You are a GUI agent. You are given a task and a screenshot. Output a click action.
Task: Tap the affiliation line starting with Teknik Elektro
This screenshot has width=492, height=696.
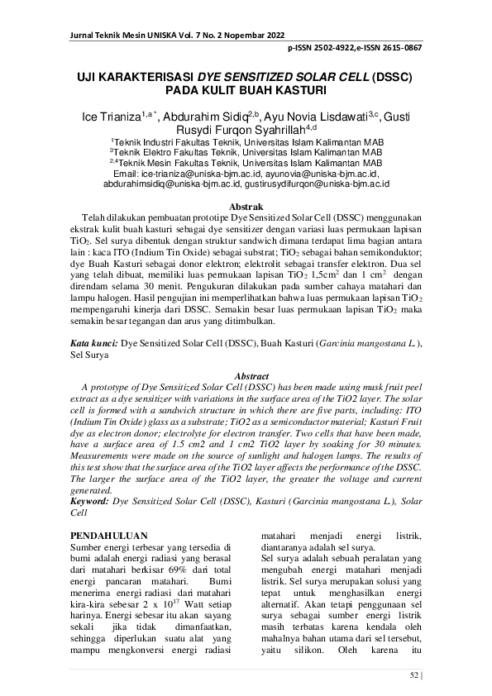click(x=246, y=153)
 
